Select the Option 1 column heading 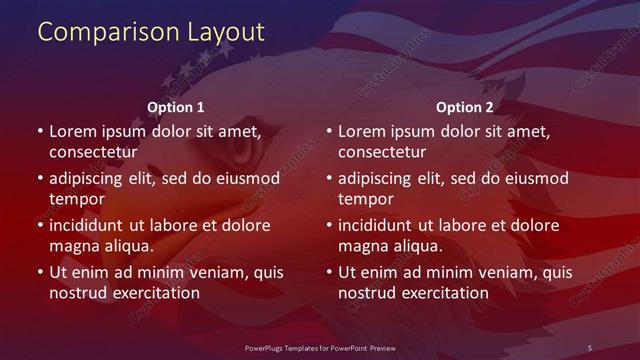[x=176, y=107]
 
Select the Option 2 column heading [x=465, y=107]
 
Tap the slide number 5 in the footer [x=589, y=347]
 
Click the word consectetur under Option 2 [x=382, y=152]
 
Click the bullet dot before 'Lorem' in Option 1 [x=40, y=131]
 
